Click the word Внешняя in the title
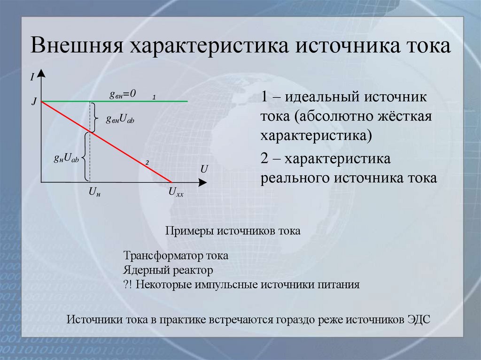point(77,48)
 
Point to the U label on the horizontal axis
point(204,169)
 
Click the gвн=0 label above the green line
point(123,94)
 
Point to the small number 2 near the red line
point(147,163)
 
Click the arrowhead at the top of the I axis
point(42,73)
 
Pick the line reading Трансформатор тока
point(176,257)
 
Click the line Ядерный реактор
point(169,271)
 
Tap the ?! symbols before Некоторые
point(129,285)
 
